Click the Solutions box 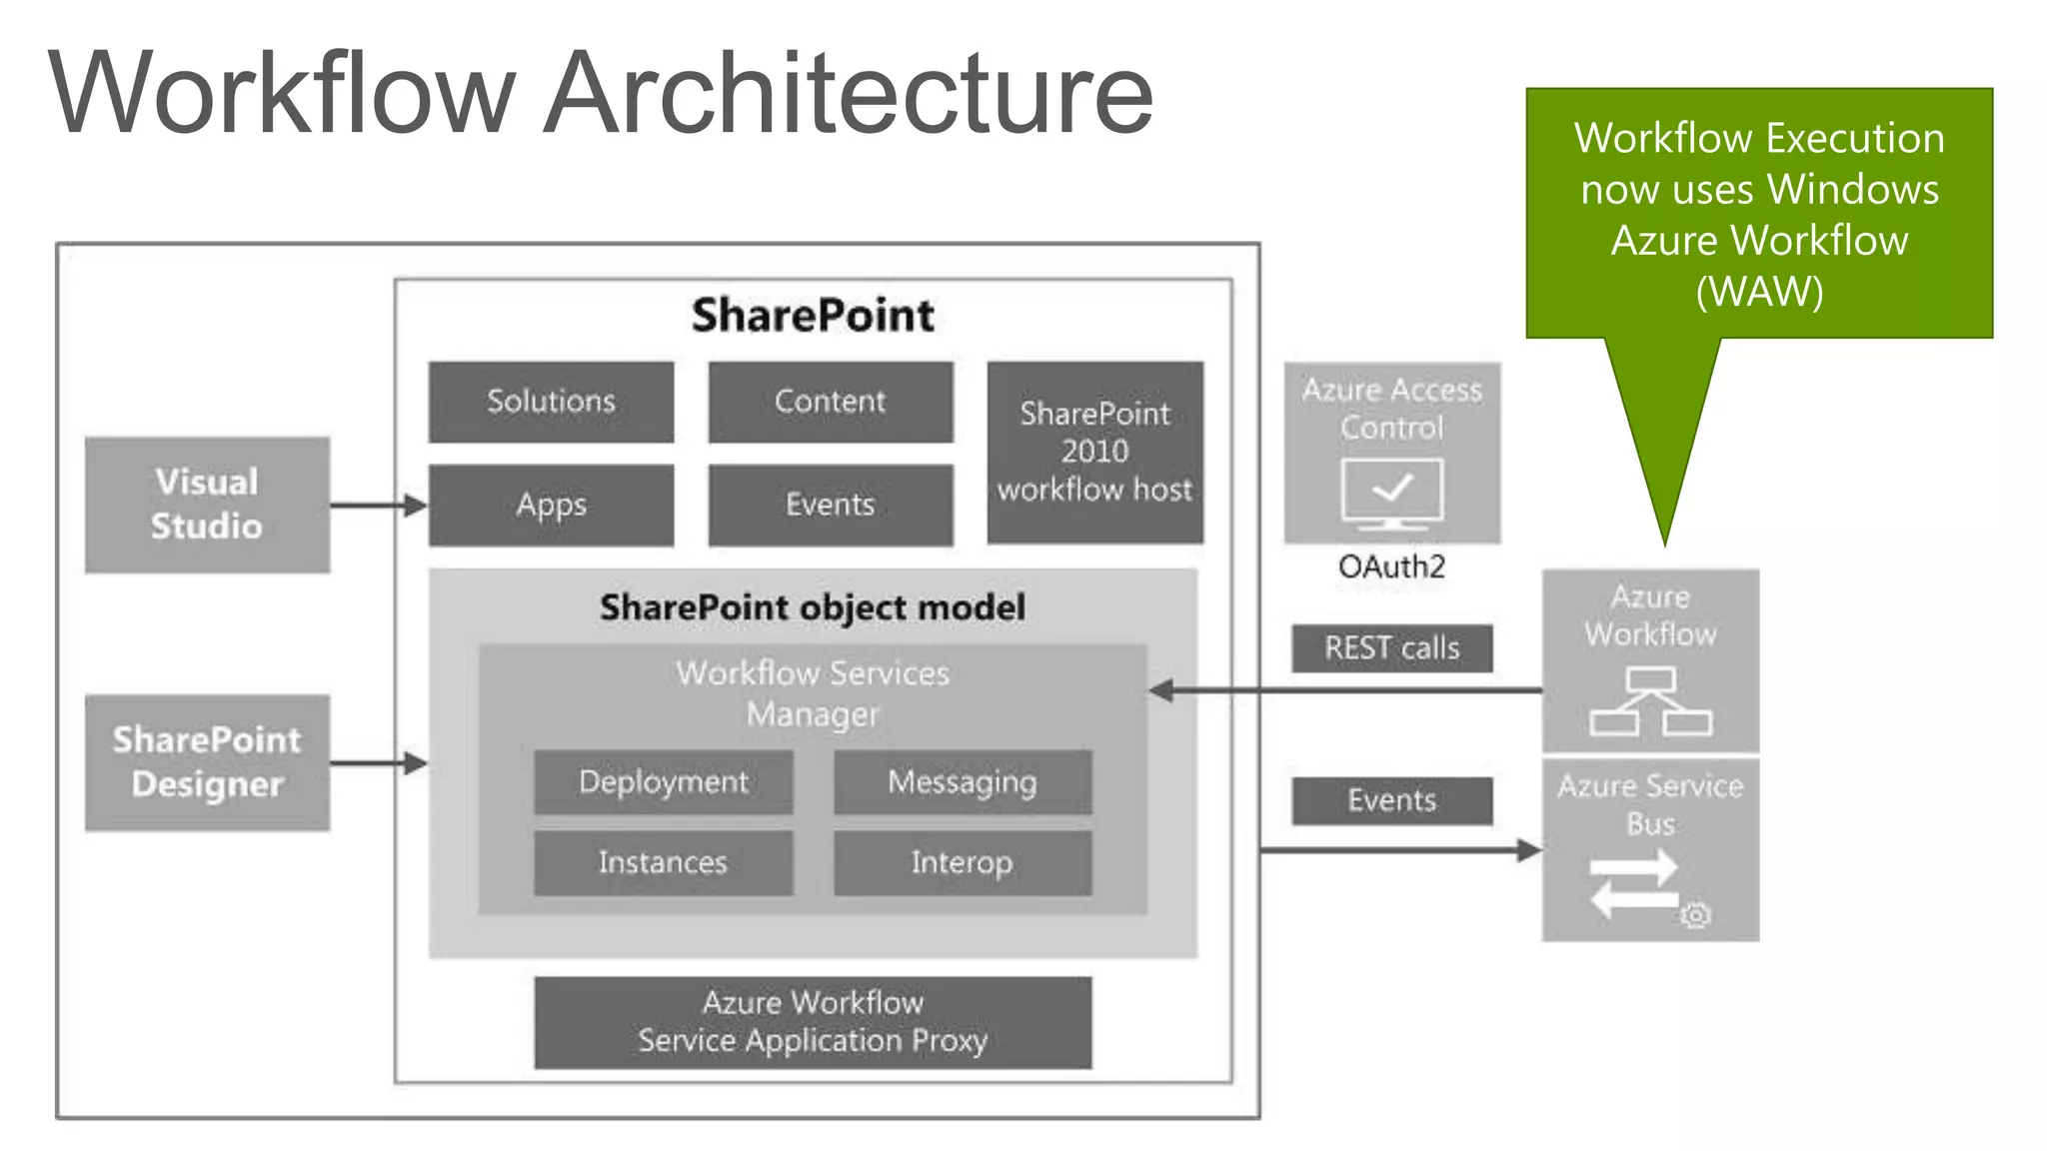pos(551,402)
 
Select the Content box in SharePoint pos(830,402)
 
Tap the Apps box pos(551,505)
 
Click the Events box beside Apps pos(830,505)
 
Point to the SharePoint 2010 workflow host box pos(1094,452)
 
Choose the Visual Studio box pos(207,505)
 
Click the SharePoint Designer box pos(207,762)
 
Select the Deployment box pos(663,781)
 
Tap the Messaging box pos(963,781)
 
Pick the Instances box pos(663,862)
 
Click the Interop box pos(963,862)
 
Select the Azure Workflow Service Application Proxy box pos(813,1022)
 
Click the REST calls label pos(1391,648)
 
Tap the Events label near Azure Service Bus pos(1391,800)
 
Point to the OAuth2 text pos(1391,568)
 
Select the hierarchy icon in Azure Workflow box pos(1650,701)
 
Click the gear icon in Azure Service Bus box pos(1695,915)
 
